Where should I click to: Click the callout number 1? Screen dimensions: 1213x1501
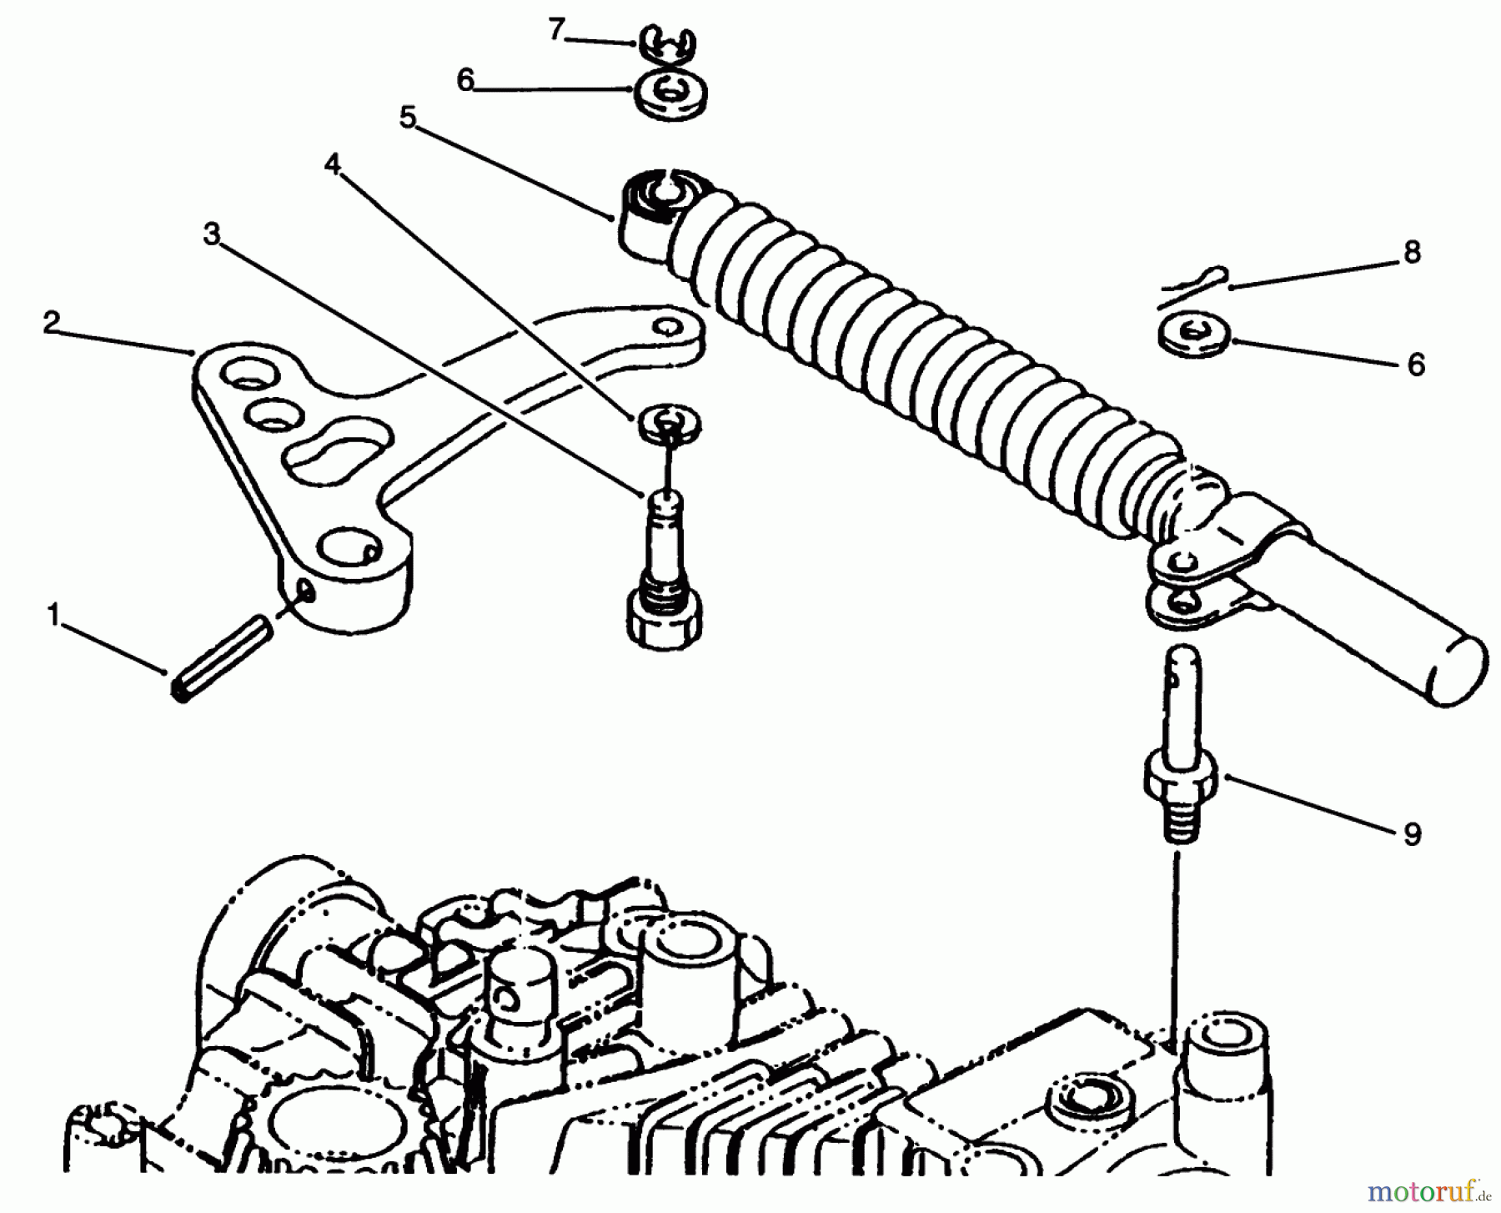[54, 617]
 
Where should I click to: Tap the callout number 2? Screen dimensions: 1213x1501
[52, 323]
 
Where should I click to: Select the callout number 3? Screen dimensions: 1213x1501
[212, 235]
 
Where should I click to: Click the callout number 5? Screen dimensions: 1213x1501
[407, 118]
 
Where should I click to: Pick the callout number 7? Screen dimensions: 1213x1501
[556, 31]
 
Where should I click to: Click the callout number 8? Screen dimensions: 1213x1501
[1412, 252]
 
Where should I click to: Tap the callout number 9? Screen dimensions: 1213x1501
[1412, 833]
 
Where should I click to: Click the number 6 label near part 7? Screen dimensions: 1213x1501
[465, 80]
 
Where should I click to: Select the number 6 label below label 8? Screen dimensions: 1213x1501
[1416, 365]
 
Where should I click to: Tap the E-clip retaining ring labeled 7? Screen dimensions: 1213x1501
[671, 45]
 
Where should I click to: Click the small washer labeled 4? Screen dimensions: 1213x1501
[669, 422]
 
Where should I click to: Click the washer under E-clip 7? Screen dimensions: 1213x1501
[670, 93]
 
